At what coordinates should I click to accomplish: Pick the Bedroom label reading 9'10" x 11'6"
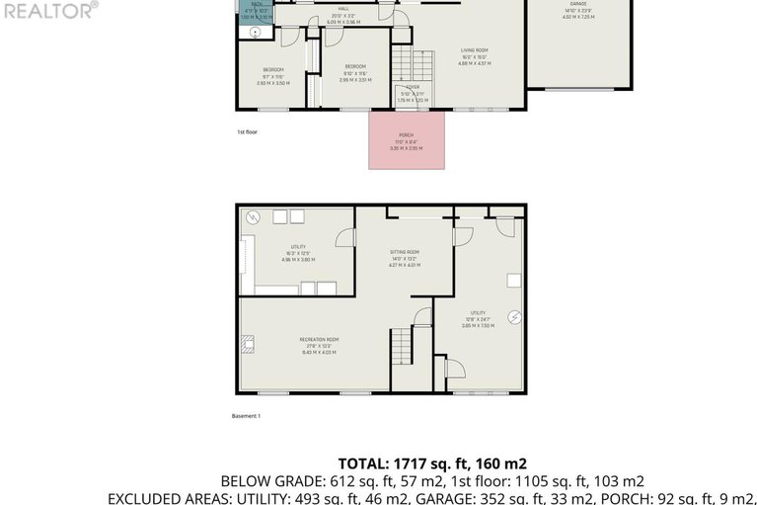(x=354, y=72)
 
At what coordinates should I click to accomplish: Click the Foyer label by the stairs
(x=413, y=93)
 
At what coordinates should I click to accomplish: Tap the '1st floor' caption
(x=247, y=131)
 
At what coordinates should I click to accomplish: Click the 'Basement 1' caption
(x=246, y=416)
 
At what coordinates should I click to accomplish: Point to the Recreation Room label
(x=319, y=346)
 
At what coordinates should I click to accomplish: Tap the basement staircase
(x=402, y=347)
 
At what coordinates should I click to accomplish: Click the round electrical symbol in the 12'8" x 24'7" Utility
(x=514, y=317)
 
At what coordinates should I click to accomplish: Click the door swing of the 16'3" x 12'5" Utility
(x=345, y=237)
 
